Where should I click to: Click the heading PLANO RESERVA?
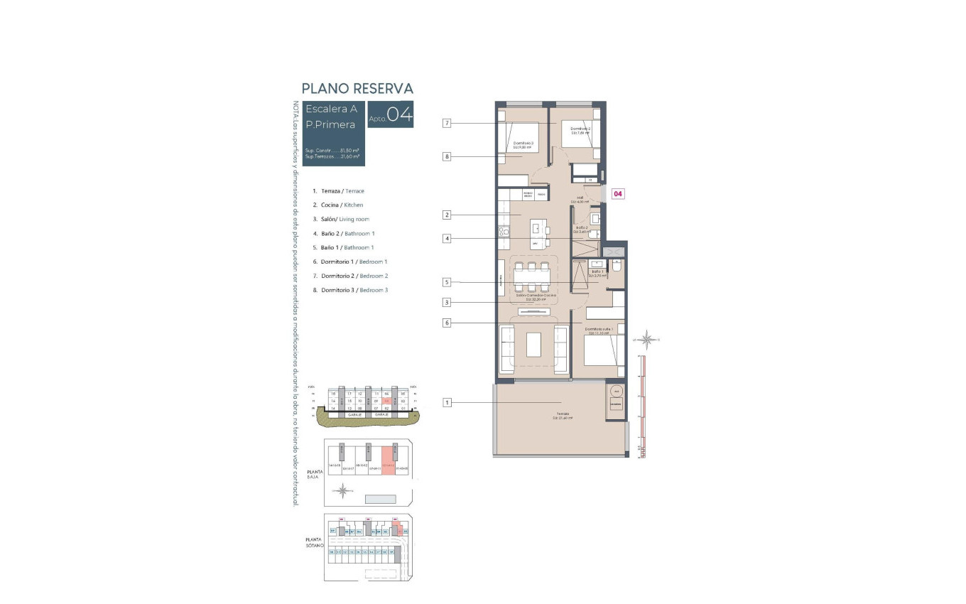point(357,88)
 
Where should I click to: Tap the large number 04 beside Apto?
point(399,114)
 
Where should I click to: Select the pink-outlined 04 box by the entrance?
point(618,193)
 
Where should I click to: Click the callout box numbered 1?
point(447,403)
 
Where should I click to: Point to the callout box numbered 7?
point(447,123)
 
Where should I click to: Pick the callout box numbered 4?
point(447,239)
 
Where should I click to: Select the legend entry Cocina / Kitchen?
point(342,205)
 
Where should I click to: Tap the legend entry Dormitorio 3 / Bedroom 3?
point(354,290)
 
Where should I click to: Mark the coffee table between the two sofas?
point(533,345)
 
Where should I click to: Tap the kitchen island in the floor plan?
point(538,230)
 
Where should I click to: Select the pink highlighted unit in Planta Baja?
point(388,460)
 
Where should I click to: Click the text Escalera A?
point(331,109)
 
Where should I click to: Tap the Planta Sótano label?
point(315,542)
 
